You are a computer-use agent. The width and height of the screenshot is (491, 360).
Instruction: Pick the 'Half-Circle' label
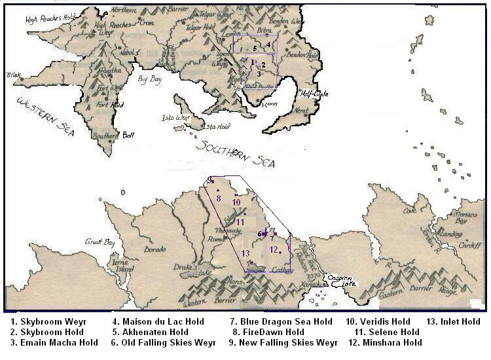pyautogui.click(x=314, y=94)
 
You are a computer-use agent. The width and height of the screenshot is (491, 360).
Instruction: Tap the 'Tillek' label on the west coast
pyautogui.click(x=14, y=75)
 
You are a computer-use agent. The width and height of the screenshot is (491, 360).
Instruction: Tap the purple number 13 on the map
pyautogui.click(x=245, y=253)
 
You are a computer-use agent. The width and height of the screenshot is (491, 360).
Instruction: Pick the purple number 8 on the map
pyautogui.click(x=218, y=198)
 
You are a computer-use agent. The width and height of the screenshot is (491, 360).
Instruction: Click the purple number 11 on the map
pyautogui.click(x=240, y=222)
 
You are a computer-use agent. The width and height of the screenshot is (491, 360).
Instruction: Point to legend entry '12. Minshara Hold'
pyautogui.click(x=382, y=342)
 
